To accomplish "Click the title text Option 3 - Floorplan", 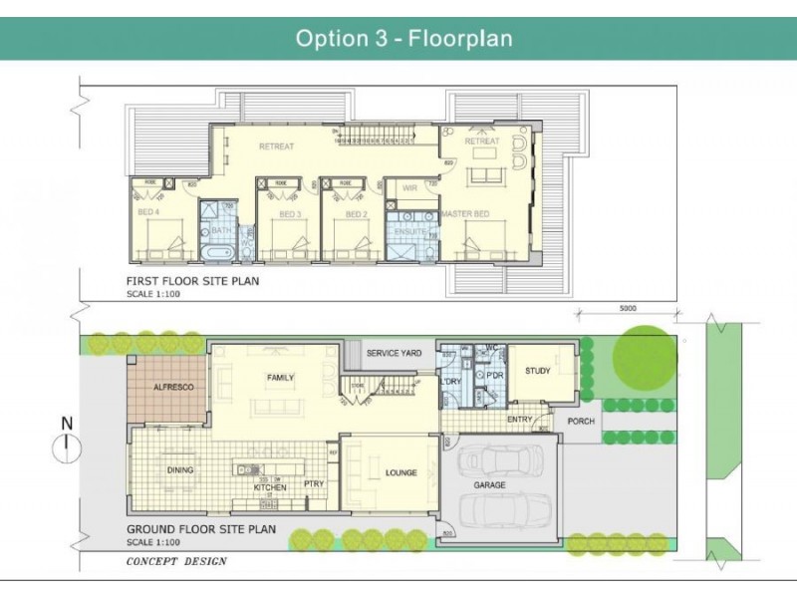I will click(403, 39).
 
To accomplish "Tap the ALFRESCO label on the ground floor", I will click(166, 386).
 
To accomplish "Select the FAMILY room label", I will click(280, 378).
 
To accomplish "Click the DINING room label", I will click(180, 470).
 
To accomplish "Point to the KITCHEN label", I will click(269, 487).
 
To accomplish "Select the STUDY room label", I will click(538, 372).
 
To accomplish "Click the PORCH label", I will click(581, 422).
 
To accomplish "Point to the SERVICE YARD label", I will click(395, 354).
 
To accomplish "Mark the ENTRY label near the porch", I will click(520, 420).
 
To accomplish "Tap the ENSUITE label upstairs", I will click(410, 231).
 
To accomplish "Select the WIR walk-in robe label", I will click(409, 187).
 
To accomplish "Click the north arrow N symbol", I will click(67, 424).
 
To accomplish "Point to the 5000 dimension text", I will click(626, 308).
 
